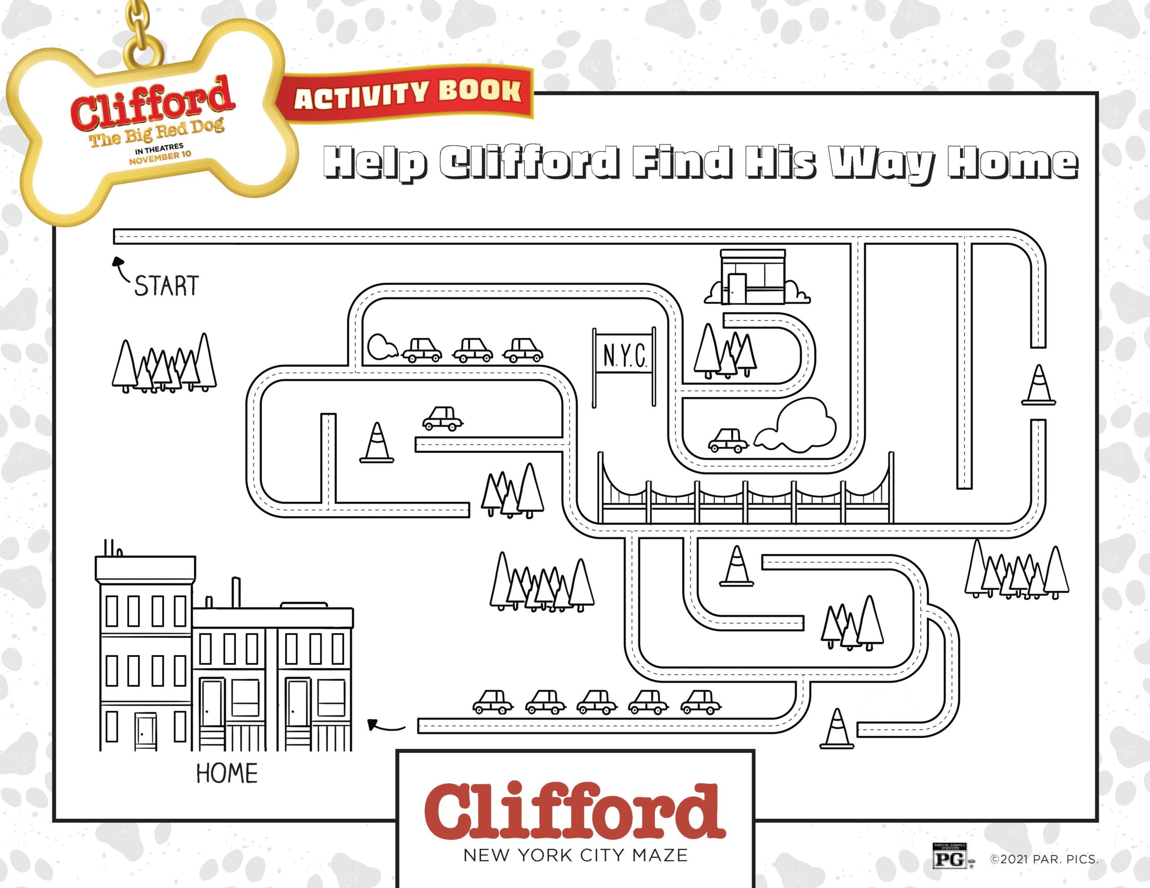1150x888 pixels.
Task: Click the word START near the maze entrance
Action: pos(166,286)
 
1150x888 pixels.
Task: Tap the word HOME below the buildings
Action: pos(227,773)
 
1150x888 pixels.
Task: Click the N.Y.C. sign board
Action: pos(624,356)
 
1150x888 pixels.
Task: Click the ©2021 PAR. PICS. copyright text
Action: pos(1044,860)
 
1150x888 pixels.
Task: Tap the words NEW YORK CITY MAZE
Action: pos(575,855)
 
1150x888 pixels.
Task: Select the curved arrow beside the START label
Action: pos(120,268)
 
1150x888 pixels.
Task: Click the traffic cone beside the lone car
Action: pos(377,443)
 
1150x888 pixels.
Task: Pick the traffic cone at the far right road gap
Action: pos(1039,385)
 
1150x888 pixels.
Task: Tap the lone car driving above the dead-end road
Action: pos(442,418)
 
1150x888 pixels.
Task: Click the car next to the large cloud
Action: pos(728,440)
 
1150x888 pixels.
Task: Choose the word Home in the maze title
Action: pos(1012,163)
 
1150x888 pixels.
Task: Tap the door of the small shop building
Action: pos(737,289)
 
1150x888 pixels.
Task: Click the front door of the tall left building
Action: pos(146,731)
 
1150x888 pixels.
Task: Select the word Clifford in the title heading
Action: pos(529,163)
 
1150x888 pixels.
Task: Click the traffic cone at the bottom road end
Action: pos(837,729)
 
